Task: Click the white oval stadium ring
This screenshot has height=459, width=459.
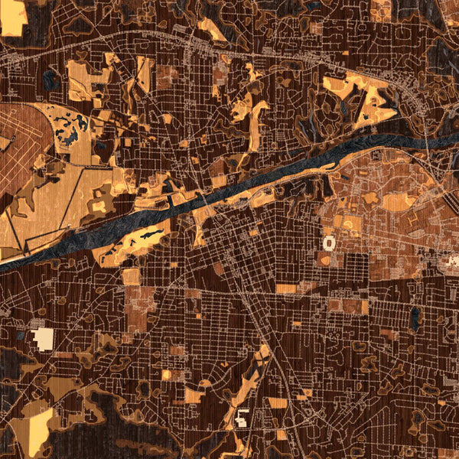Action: tap(330, 243)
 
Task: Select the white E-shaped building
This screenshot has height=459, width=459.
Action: tap(243, 418)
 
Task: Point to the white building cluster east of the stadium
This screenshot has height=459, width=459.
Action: tap(452, 262)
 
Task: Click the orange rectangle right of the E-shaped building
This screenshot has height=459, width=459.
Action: tap(277, 404)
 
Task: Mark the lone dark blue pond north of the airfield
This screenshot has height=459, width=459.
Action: tap(52, 77)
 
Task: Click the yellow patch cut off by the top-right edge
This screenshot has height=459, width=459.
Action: tap(380, 9)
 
